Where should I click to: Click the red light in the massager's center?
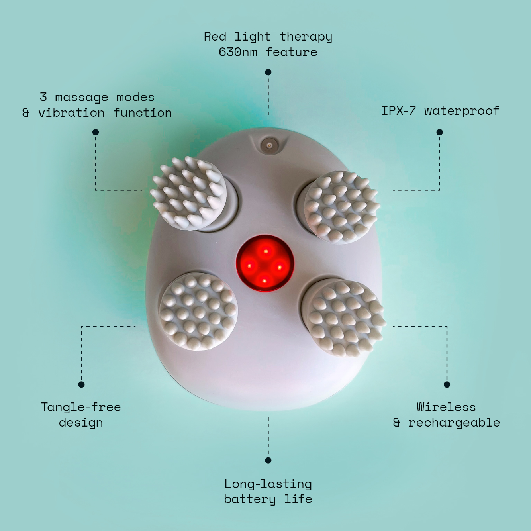click(x=265, y=263)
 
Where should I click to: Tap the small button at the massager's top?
click(x=269, y=145)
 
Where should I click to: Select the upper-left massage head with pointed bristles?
click(x=189, y=193)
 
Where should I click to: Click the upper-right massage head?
click(x=341, y=207)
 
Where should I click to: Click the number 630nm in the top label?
click(x=238, y=52)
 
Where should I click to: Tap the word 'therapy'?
click(x=306, y=37)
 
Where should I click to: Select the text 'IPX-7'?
click(x=398, y=111)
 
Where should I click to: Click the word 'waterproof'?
click(x=462, y=111)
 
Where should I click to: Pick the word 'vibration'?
click(x=71, y=113)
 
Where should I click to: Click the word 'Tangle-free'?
click(x=81, y=407)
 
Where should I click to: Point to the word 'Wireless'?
click(x=446, y=407)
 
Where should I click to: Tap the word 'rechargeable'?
click(x=454, y=423)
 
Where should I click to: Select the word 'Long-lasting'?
click(x=268, y=484)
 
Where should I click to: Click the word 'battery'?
click(x=250, y=499)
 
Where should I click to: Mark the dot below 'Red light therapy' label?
click(x=268, y=72)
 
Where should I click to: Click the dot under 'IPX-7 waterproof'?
click(x=439, y=132)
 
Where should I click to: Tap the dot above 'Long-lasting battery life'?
click(x=268, y=460)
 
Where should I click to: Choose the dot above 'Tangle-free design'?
click(x=81, y=384)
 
